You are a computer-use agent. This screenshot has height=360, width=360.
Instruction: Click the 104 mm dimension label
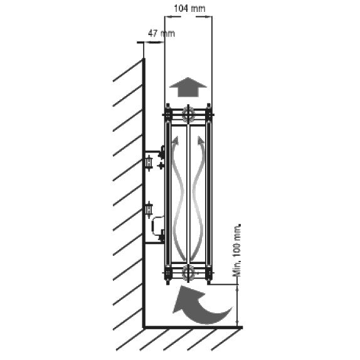pos(189,9)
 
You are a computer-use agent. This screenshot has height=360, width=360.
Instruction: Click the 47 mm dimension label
pos(161,33)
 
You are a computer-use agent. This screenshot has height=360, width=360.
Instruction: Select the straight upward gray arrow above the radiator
pos(188,87)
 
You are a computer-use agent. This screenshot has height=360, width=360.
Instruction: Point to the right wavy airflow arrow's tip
pos(199,137)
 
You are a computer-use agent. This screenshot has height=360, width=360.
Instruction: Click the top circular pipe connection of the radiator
pos(188,115)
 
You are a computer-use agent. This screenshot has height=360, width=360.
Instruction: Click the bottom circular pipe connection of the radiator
pos(188,273)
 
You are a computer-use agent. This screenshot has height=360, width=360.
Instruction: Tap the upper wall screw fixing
pos(149,163)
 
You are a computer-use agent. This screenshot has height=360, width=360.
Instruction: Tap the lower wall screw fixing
pos(149,210)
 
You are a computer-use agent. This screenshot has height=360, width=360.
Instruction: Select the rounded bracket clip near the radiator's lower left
pos(157,226)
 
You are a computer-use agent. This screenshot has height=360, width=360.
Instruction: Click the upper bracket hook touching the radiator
pos(162,152)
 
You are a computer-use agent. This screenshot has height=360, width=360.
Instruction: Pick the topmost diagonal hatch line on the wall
pos(127,70)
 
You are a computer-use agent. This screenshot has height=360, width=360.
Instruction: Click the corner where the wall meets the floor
pos(144,327)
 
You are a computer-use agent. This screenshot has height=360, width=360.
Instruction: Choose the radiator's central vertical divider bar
pos(188,194)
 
